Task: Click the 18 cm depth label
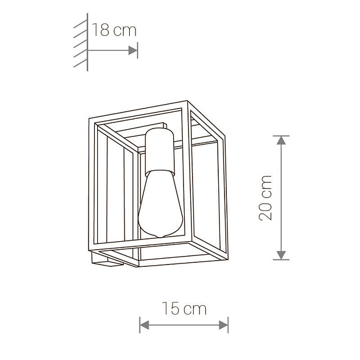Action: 115,30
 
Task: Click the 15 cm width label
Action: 183,309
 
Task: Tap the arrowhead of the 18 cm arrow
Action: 133,50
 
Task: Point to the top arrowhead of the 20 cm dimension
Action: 281,140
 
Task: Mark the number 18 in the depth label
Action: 102,30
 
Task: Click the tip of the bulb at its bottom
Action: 160,237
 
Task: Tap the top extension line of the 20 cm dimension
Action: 281,135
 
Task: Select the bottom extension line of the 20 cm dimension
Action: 281,260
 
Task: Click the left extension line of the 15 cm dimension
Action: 140,324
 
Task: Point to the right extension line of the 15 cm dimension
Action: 228,324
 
